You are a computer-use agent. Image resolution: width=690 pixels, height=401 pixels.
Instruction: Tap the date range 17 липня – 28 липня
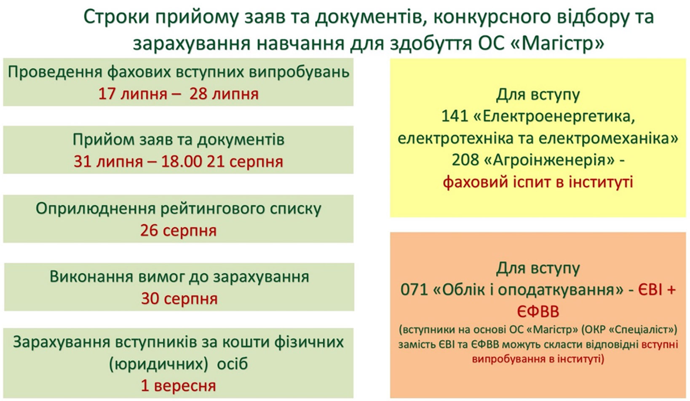tap(178, 94)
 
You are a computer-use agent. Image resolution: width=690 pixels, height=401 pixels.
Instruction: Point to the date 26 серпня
tap(178, 230)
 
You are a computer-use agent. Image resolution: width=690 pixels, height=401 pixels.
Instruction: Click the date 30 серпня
tap(179, 299)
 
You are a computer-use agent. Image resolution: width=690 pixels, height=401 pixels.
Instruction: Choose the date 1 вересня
tap(178, 385)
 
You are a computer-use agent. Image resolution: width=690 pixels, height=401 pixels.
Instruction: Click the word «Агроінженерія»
tap(550, 160)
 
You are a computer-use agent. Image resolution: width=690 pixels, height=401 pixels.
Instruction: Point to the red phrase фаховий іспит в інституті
tap(538, 182)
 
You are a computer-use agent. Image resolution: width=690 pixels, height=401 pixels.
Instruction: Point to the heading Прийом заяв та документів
tap(178, 140)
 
